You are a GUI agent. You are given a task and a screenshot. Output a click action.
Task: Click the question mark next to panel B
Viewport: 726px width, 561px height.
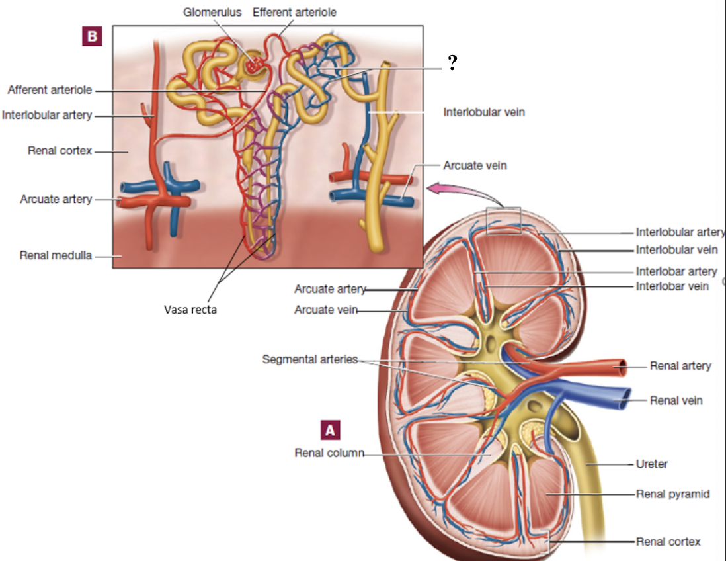tap(452, 63)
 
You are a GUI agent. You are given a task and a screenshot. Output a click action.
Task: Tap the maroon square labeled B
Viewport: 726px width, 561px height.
tap(91, 37)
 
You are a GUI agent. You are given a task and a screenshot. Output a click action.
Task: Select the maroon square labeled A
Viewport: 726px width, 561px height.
tap(331, 429)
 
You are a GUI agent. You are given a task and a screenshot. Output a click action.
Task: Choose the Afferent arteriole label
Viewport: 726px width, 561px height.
tap(50, 90)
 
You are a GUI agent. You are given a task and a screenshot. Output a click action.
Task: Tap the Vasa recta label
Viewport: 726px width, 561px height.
tap(190, 308)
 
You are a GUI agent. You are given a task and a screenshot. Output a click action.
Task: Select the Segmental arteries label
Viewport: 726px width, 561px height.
tap(309, 359)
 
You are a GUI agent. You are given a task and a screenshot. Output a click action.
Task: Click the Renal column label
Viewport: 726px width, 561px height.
tap(329, 453)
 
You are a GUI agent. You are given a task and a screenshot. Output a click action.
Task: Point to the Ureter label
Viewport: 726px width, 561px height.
tap(651, 464)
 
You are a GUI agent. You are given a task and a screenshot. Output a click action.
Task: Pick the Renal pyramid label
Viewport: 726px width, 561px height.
tap(672, 494)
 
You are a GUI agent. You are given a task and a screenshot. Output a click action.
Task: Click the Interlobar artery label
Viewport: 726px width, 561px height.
tap(676, 271)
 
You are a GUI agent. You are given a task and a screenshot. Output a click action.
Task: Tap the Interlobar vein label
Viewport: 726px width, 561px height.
tap(672, 286)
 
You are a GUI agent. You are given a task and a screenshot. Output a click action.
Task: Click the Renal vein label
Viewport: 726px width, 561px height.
tap(676, 400)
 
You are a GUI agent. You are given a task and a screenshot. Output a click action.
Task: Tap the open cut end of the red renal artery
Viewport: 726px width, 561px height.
tap(620, 366)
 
